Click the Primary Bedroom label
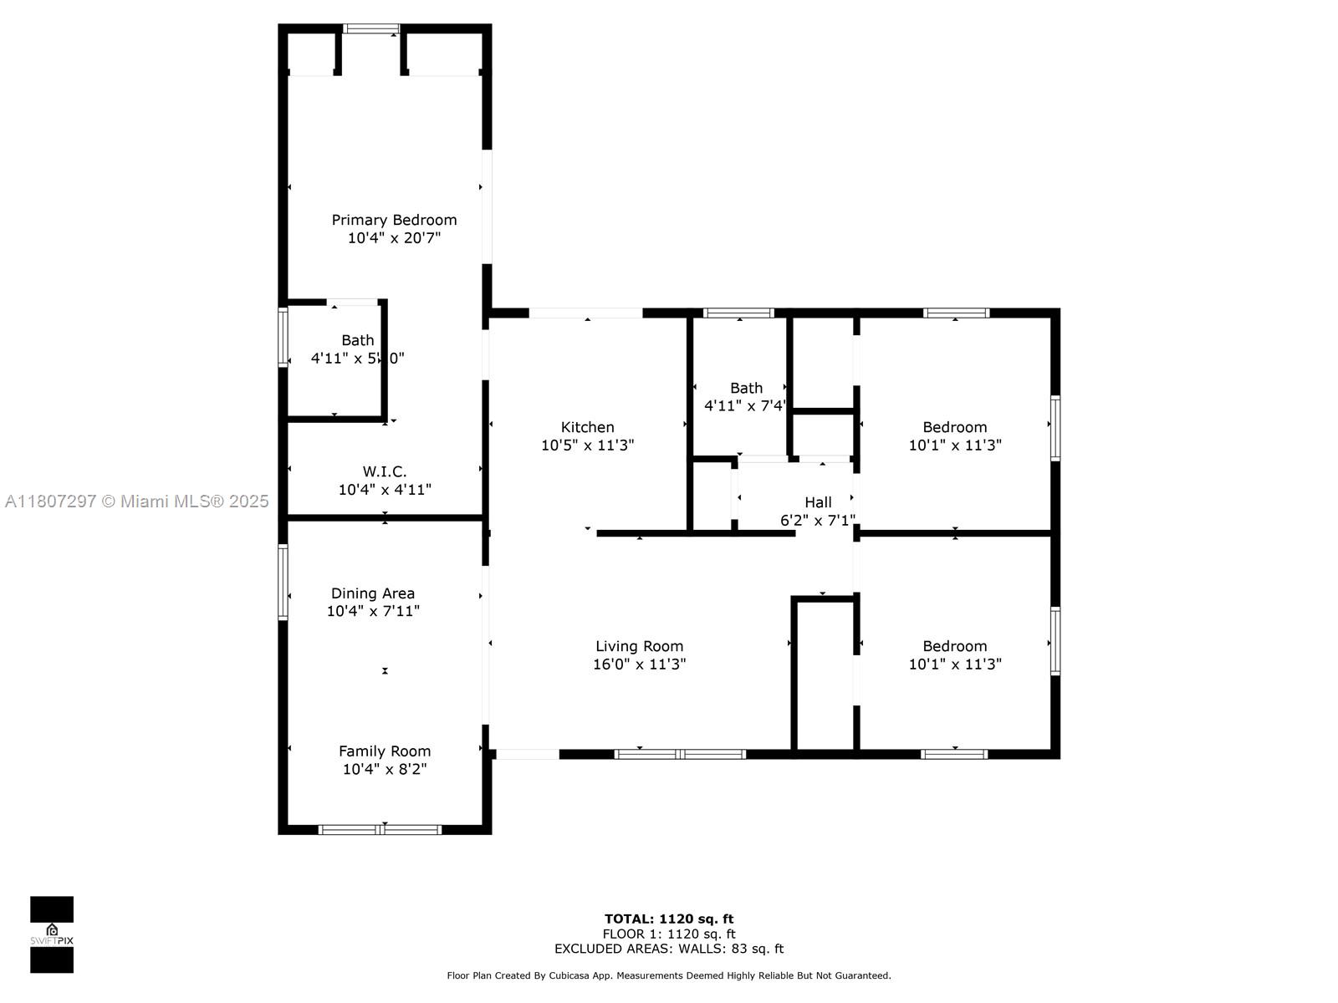[x=394, y=220]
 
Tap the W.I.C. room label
[x=384, y=471]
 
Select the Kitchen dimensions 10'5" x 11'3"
[x=587, y=445]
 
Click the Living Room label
[x=639, y=646]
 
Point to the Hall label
[x=818, y=502]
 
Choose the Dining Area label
[x=372, y=593]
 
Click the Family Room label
[x=384, y=751]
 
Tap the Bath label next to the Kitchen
[x=746, y=388]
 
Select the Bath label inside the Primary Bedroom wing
[x=357, y=340]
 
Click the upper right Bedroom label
[x=954, y=427]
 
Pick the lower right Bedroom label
[x=954, y=646]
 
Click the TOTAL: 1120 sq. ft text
[x=669, y=919]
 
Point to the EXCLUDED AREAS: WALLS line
[x=669, y=949]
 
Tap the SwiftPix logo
[x=52, y=934]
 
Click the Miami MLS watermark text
[x=136, y=501]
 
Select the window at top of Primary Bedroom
[x=372, y=29]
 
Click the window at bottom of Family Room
[x=380, y=829]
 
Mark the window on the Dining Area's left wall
[x=283, y=582]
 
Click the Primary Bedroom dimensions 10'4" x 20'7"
[x=394, y=238]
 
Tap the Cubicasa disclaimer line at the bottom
[x=669, y=975]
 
